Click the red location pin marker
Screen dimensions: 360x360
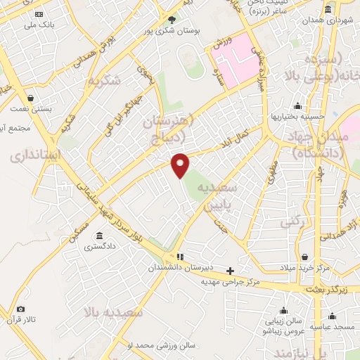click(x=181, y=165)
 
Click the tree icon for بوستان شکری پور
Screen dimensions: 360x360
click(x=171, y=20)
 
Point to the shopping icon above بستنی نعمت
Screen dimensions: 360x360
click(x=30, y=98)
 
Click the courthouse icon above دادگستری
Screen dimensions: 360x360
click(x=99, y=235)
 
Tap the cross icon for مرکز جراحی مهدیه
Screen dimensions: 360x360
click(x=230, y=271)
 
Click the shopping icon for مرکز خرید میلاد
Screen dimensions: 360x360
click(x=304, y=258)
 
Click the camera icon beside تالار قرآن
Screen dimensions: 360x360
click(x=20, y=309)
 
